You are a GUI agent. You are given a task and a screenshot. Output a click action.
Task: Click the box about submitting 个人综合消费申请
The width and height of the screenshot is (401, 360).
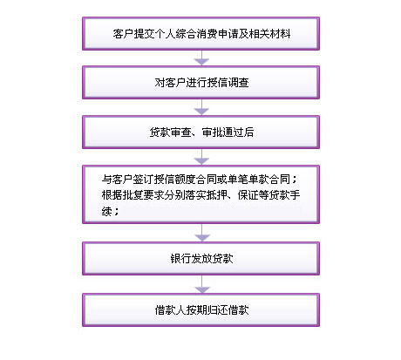[200, 34]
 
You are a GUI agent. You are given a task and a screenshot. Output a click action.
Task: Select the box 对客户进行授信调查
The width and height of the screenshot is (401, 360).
[200, 83]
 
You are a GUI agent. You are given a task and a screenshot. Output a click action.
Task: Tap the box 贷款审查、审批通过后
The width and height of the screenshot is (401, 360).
[200, 132]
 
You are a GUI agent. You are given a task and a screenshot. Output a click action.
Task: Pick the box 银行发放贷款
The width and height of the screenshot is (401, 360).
[200, 258]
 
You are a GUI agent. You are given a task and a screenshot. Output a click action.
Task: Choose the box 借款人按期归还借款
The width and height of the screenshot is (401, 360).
[200, 309]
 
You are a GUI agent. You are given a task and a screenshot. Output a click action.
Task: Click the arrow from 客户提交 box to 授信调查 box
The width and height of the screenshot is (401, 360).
[201, 58]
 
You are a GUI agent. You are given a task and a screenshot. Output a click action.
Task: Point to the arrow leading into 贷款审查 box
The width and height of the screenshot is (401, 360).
[201, 107]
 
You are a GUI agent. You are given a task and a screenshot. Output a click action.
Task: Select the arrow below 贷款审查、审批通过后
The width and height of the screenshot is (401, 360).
[201, 157]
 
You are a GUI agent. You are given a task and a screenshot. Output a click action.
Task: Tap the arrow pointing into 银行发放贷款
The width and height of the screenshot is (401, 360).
[202, 233]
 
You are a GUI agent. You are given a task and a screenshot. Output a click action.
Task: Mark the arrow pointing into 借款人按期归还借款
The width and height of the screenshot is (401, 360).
[202, 284]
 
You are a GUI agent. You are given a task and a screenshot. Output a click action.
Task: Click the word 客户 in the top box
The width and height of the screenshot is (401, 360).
[123, 34]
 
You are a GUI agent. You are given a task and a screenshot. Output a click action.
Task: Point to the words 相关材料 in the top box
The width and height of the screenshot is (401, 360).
[269, 34]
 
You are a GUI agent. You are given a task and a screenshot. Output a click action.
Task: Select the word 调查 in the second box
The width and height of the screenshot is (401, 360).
[238, 83]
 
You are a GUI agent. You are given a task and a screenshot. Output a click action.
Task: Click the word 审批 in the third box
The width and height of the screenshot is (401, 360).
[212, 132]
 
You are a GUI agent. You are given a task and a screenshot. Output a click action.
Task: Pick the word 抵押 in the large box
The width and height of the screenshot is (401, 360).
[216, 195]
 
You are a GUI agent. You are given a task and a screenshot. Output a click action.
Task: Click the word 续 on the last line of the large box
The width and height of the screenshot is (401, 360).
[107, 211]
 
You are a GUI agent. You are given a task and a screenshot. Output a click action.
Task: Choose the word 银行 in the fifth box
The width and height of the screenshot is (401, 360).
[180, 259]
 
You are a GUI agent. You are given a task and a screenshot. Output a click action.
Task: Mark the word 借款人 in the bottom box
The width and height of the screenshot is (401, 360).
[170, 310]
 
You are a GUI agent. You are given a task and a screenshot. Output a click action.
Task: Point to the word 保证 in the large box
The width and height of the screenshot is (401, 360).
[248, 195]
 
